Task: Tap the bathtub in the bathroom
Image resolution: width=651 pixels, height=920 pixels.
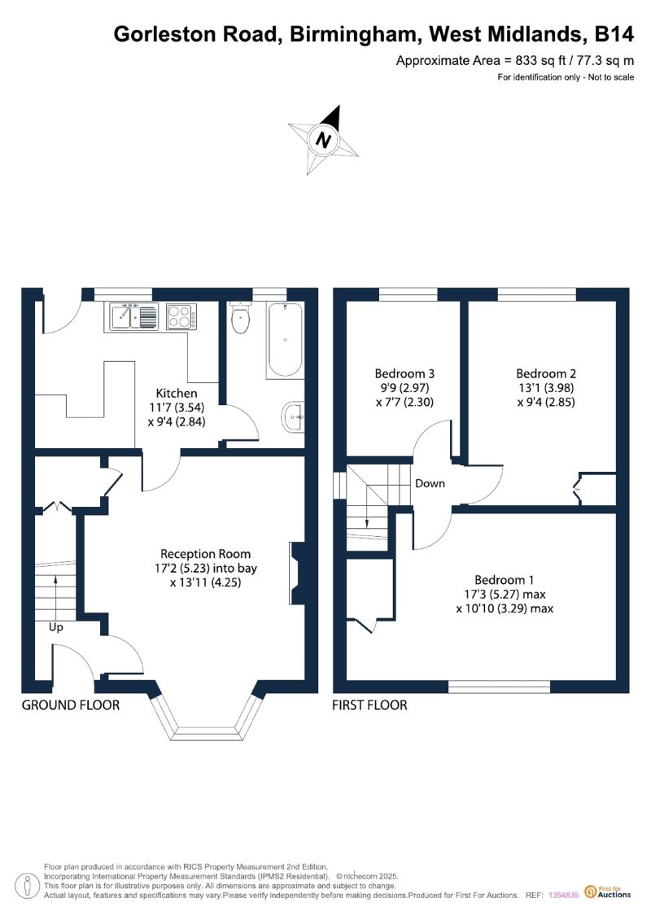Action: (x=285, y=340)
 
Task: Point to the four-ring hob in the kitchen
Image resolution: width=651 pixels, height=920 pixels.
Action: (x=182, y=317)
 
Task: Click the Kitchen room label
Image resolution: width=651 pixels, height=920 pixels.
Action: (x=177, y=393)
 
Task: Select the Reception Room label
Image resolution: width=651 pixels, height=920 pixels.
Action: (x=205, y=554)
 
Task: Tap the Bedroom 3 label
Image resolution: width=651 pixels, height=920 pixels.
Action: (x=404, y=373)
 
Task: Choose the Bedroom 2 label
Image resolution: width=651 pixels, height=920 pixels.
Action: (x=546, y=373)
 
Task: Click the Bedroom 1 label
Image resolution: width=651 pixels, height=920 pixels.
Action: (x=505, y=580)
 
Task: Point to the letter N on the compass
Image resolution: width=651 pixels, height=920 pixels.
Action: (x=323, y=140)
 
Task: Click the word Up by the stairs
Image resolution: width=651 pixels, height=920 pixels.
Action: (x=56, y=628)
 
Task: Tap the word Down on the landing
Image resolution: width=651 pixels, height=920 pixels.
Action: (x=430, y=483)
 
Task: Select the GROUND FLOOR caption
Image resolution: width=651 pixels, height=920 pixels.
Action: (x=71, y=705)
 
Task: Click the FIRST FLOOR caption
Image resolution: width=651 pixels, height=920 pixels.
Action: (x=369, y=705)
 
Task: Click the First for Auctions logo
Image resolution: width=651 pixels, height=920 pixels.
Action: (x=608, y=892)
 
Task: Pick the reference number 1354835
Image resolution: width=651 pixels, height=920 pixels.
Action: (x=564, y=896)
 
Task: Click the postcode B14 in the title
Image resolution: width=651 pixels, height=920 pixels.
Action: (x=614, y=34)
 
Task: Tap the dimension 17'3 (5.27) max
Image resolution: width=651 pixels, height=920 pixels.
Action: (x=505, y=595)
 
